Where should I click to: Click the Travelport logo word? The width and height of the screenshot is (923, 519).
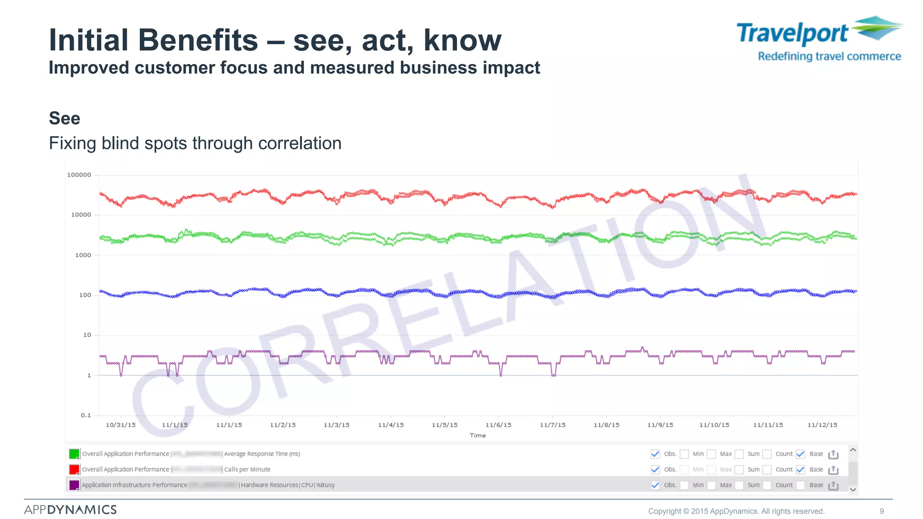[x=792, y=34]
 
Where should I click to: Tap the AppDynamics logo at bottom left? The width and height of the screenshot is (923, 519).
[x=70, y=510]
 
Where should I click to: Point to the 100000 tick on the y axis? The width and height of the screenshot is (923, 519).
[x=79, y=175]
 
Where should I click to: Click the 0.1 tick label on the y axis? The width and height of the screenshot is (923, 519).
[x=86, y=415]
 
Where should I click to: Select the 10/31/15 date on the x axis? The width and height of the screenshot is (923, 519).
[x=120, y=425]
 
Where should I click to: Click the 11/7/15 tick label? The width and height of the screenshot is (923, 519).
[x=553, y=425]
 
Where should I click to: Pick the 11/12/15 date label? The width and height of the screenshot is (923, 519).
[x=822, y=425]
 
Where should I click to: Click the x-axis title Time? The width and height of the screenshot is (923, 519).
[x=477, y=435]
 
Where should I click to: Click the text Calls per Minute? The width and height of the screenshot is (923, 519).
[x=247, y=469]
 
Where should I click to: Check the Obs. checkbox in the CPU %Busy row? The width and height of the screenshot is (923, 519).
[x=655, y=485]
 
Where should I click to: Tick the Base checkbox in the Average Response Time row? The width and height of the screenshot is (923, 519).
[x=800, y=454]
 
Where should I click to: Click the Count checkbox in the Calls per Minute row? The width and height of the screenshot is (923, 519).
[x=767, y=469]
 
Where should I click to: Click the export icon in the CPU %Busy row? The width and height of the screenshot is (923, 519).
[x=833, y=485]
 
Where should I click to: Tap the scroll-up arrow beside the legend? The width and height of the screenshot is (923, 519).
[x=853, y=450]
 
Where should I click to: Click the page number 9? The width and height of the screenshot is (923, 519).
[x=882, y=511]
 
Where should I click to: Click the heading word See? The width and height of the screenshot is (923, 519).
[x=64, y=118]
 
